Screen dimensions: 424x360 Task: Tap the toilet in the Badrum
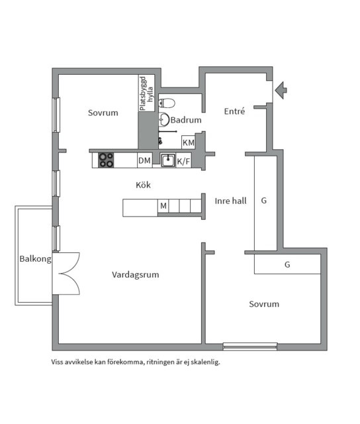tap(167, 103)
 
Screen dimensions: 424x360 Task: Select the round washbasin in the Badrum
tap(163, 119)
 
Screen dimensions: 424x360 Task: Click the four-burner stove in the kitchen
tap(106, 160)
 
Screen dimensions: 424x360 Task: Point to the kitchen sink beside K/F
tap(168, 160)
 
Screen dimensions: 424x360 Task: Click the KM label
tap(189, 142)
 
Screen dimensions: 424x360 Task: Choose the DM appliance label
tap(144, 160)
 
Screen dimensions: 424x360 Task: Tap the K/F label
tap(184, 160)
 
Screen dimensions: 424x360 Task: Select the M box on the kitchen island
tap(163, 207)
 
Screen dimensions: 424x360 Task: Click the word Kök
tap(143, 185)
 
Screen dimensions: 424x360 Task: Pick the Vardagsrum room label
tap(135, 274)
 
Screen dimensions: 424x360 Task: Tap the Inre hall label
tap(230, 200)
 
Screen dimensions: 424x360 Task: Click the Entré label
tap(234, 111)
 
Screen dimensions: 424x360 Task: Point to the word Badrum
tap(186, 121)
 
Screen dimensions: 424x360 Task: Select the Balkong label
tap(34, 259)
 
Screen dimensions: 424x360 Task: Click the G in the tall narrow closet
tap(263, 200)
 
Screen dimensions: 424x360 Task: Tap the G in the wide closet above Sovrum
tap(287, 264)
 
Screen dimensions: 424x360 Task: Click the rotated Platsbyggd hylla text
tap(146, 93)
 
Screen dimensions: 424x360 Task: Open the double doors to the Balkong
tap(66, 273)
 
